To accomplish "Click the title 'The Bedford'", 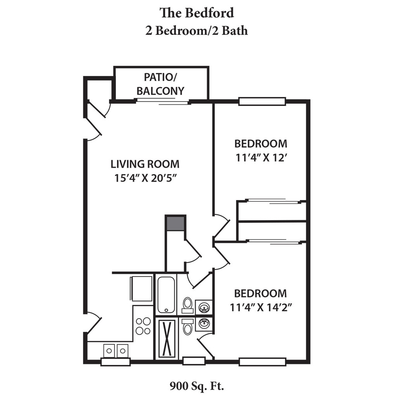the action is point(197,13).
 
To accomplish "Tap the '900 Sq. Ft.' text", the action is point(197,386).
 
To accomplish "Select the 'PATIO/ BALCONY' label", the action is point(160,84).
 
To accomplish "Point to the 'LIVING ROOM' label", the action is point(145,164).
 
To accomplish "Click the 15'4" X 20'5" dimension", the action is point(145,178).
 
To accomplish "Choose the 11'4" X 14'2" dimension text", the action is point(261,307).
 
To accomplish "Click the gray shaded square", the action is point(175,223).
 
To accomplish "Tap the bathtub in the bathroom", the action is point(166,295).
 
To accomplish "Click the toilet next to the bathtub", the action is point(188,305).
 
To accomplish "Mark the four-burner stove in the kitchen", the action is point(143,326).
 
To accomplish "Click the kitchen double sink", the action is point(116,350).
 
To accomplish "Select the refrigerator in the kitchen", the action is point(141,289).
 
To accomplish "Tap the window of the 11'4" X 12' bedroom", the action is point(262,101).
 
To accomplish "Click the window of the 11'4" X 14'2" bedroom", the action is point(262,362).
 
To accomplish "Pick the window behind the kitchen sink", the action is point(116,362).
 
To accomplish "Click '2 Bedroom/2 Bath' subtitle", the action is point(197,31).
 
